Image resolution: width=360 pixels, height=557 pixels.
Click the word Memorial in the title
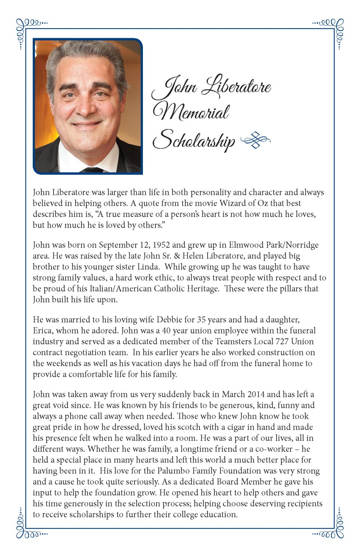point(191,112)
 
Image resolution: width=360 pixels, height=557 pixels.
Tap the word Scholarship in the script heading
point(194,140)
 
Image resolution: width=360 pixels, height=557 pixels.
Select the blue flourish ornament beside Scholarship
point(255,140)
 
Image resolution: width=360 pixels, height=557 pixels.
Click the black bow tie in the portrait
point(92,170)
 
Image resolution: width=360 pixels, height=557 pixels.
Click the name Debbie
point(169,319)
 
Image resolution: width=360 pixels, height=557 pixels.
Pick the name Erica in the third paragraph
point(43,331)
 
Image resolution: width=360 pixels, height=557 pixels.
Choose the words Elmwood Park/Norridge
point(274,245)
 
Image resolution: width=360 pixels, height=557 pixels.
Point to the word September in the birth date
point(118,245)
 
